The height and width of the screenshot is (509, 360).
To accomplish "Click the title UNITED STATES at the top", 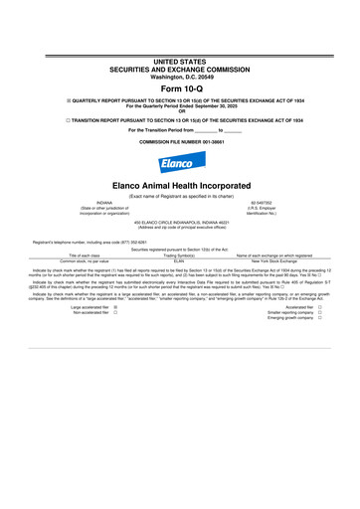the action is [x=179, y=33].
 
